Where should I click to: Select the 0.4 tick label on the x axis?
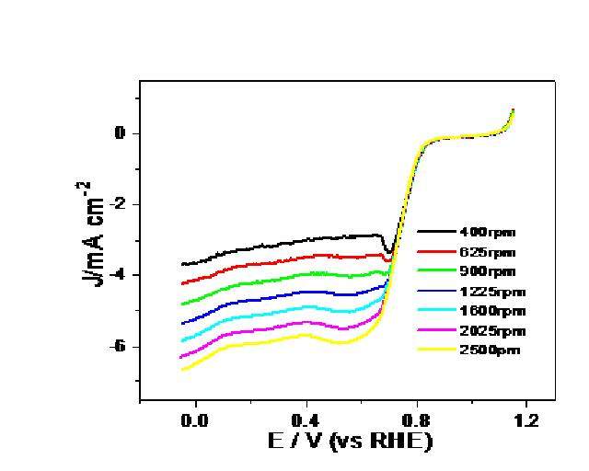(x=306, y=420)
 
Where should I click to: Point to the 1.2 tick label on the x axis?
(x=526, y=420)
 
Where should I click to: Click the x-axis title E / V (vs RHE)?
(x=351, y=442)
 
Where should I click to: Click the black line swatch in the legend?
(x=436, y=233)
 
